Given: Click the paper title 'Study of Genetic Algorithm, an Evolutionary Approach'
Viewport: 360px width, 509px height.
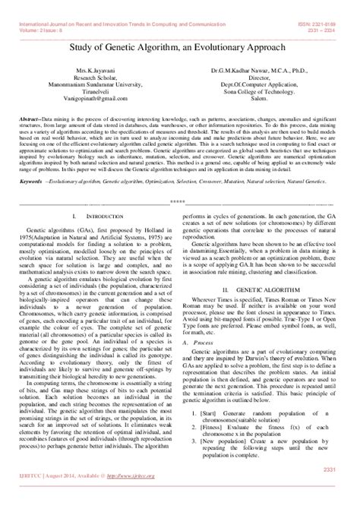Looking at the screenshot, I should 179,48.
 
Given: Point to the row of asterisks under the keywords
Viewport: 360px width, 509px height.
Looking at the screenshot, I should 179,201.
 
